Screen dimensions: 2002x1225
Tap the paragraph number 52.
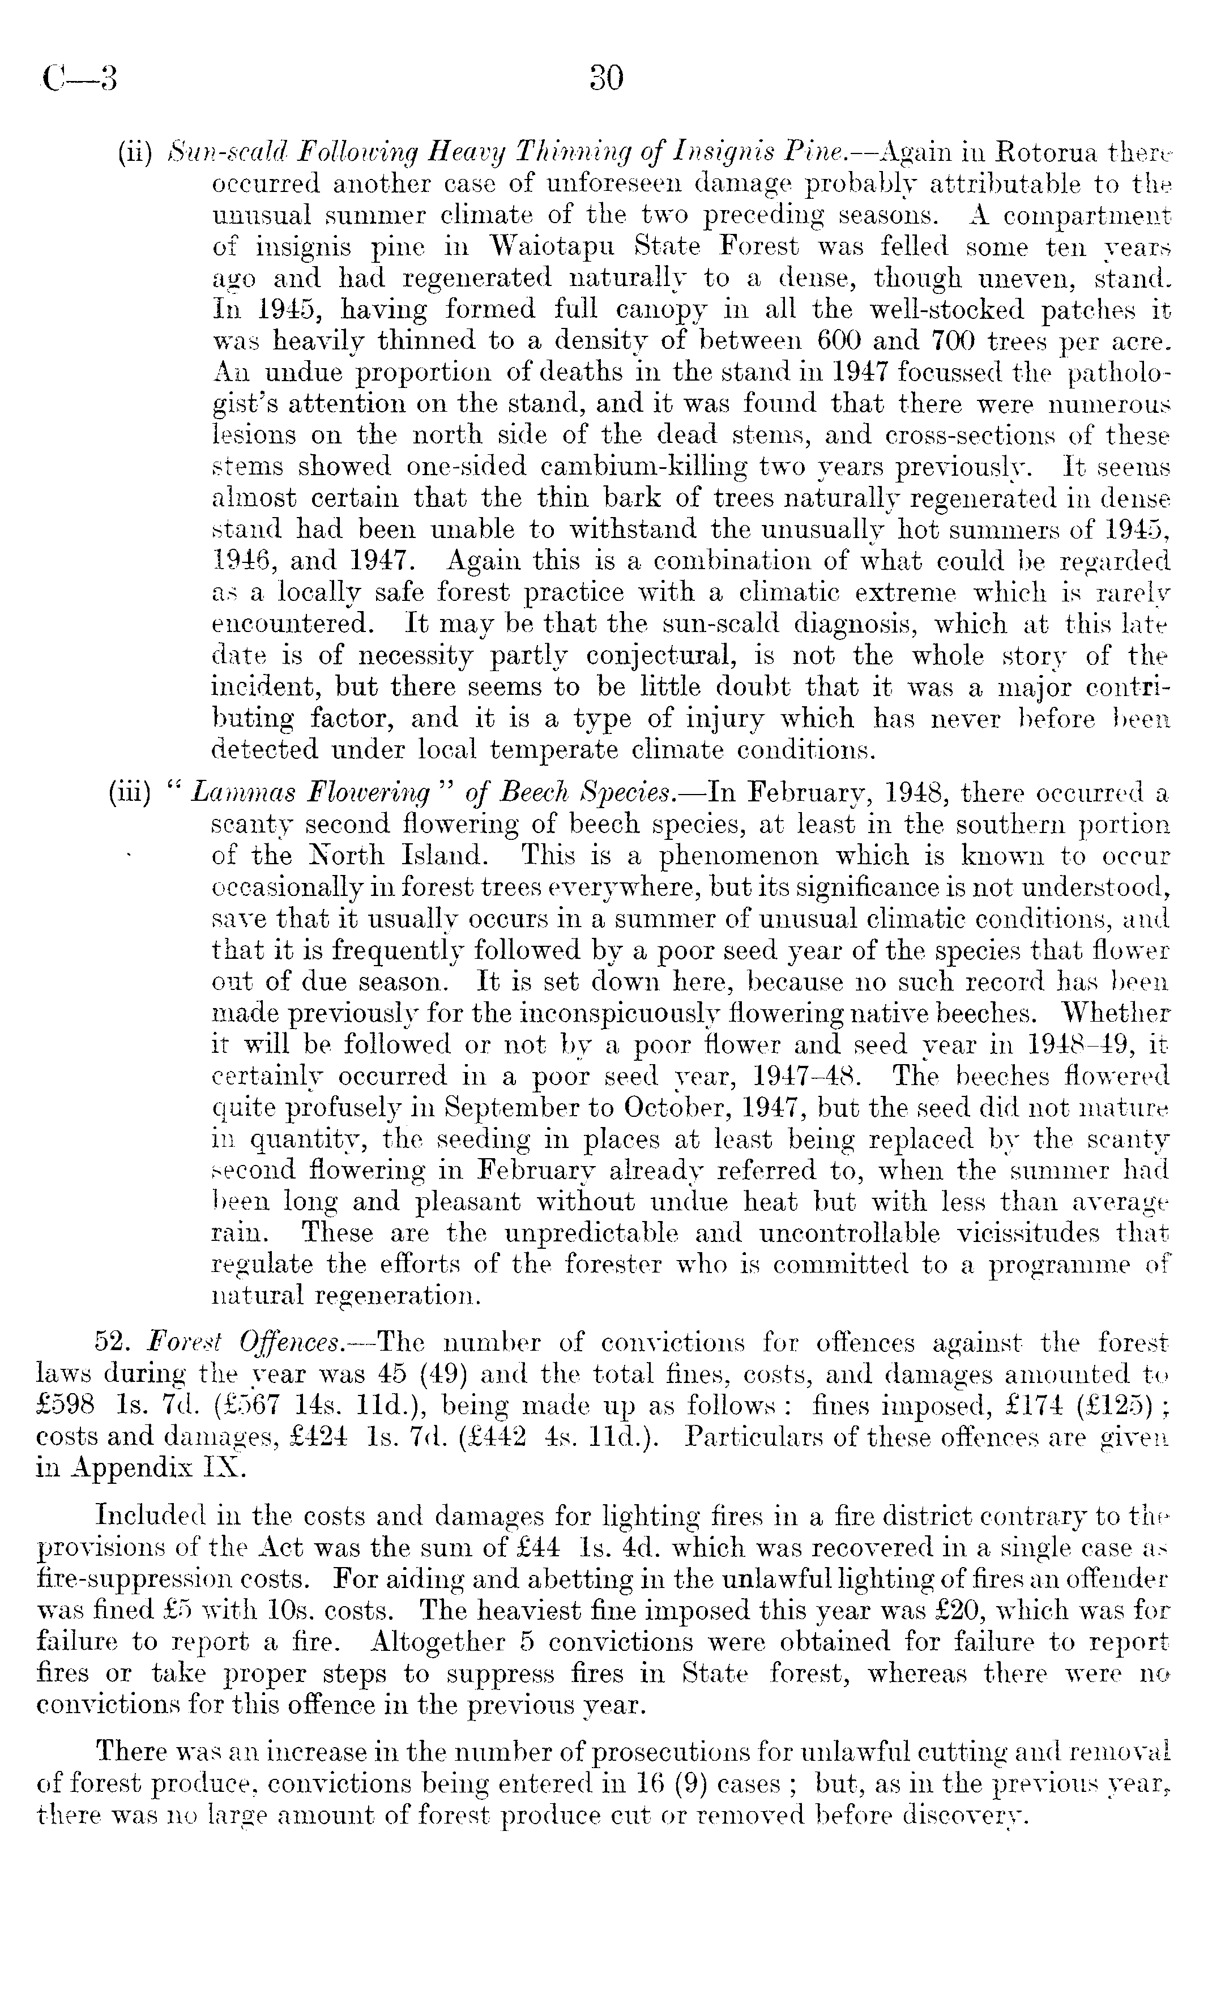pyautogui.click(x=113, y=1342)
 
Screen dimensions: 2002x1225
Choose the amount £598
pyautogui.click(x=67, y=1406)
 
